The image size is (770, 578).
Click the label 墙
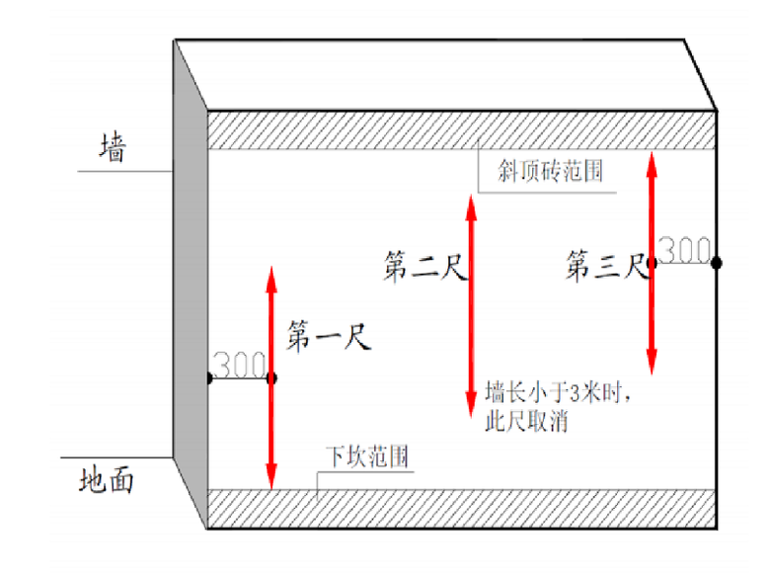coord(114,147)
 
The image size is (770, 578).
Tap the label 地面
coord(107,480)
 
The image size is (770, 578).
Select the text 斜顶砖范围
coord(550,171)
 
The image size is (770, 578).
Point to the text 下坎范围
coord(368,456)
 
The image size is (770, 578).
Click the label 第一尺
coord(329,336)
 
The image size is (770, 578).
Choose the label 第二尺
coord(425,266)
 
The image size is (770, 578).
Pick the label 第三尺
coord(607,266)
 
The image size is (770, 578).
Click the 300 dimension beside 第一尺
coord(240,365)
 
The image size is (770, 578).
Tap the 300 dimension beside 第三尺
coord(684,250)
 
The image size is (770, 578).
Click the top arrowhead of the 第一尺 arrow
coord(271,280)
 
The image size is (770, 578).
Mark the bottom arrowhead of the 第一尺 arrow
coord(271,477)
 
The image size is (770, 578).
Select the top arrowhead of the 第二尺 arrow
coord(472,207)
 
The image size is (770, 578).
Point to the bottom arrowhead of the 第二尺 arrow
coord(472,405)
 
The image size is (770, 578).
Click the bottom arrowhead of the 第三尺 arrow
coord(652,363)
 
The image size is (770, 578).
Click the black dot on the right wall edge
coord(717,263)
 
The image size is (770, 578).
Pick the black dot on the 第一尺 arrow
coord(271,378)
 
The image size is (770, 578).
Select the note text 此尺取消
coord(526,421)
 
